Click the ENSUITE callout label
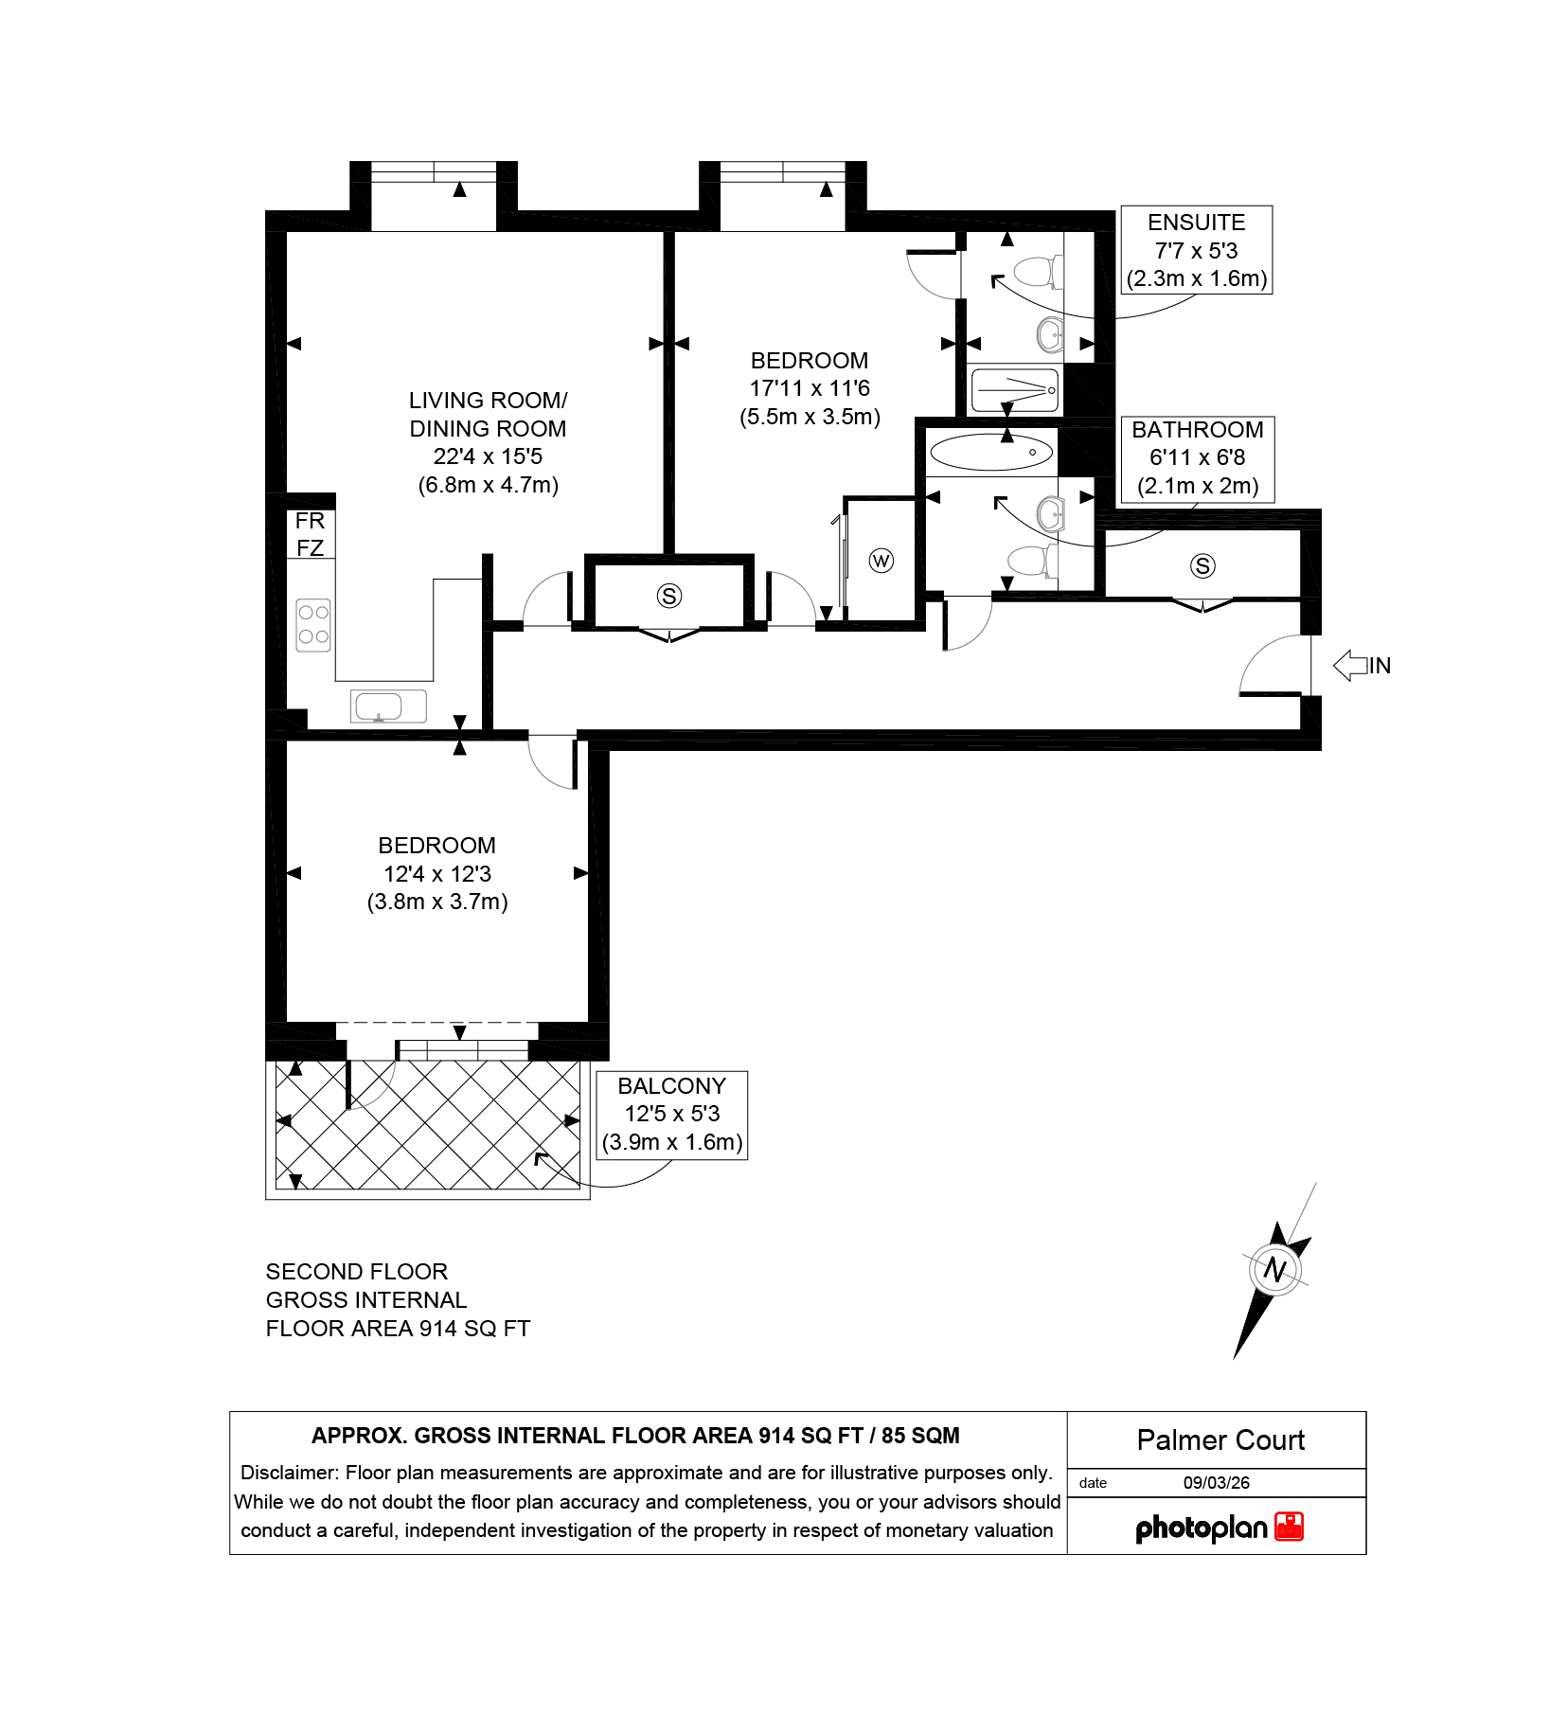pyautogui.click(x=1196, y=250)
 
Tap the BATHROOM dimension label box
pyautogui.click(x=1197, y=458)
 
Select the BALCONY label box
pyautogui.click(x=671, y=1115)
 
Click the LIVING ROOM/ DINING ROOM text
pyautogui.click(x=489, y=415)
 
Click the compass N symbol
pyautogui.click(x=1274, y=1269)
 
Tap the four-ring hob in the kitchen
pyautogui.click(x=313, y=625)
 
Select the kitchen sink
pyautogui.click(x=388, y=706)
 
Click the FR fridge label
pyautogui.click(x=310, y=521)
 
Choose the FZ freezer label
pyautogui.click(x=310, y=548)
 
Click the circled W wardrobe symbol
pyautogui.click(x=881, y=561)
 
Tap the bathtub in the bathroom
pyautogui.click(x=990, y=453)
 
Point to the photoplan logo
pyautogui.click(x=1220, y=1528)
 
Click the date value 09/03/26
pyautogui.click(x=1217, y=1483)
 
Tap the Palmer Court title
pyautogui.click(x=1220, y=1440)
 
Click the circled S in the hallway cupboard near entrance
pyautogui.click(x=1202, y=566)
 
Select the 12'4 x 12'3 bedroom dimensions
pyautogui.click(x=437, y=874)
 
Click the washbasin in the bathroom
pyautogui.click(x=1052, y=515)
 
